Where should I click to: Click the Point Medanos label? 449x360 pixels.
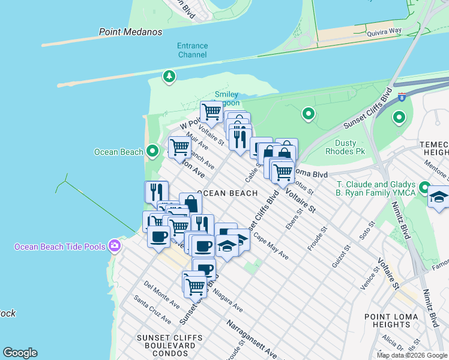click(x=130, y=32)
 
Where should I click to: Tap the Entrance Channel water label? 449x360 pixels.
click(x=192, y=50)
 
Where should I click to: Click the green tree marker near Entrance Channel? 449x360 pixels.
click(x=169, y=76)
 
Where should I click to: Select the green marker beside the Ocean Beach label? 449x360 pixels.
click(x=152, y=151)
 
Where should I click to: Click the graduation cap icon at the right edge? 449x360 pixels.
click(x=439, y=198)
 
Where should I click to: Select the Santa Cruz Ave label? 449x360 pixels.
click(x=148, y=306)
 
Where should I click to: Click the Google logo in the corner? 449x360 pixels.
click(x=20, y=353)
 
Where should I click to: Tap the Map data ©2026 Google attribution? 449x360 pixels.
click(x=412, y=355)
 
